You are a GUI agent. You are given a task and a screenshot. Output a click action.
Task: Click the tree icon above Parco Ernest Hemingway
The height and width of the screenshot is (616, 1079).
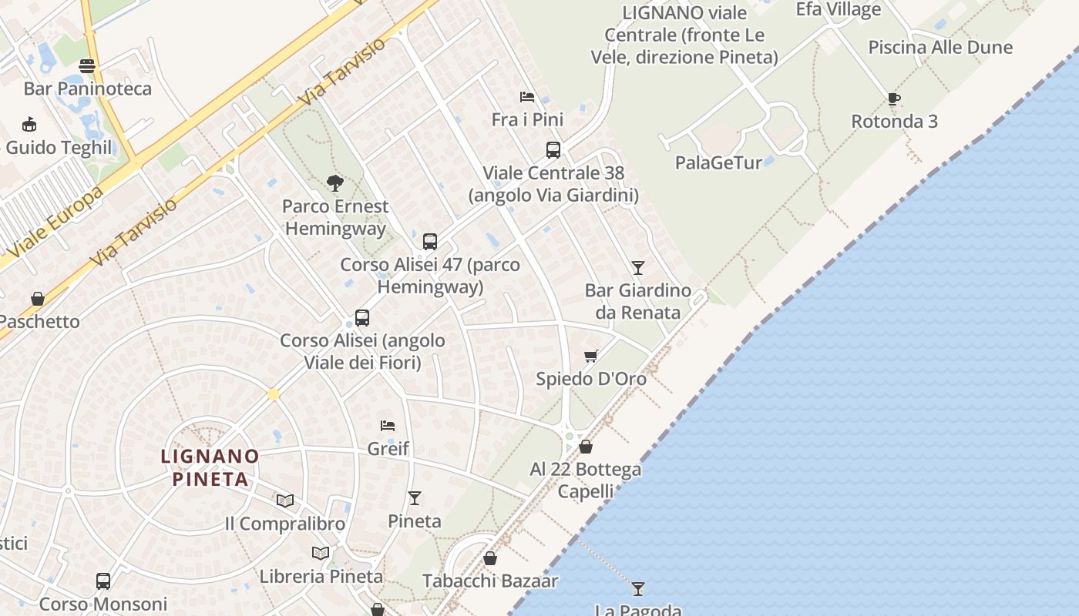tap(334, 183)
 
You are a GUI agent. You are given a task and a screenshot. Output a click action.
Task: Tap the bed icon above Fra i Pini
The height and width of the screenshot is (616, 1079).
tap(527, 96)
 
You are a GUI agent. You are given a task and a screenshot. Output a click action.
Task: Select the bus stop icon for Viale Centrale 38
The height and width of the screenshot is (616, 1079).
tap(553, 150)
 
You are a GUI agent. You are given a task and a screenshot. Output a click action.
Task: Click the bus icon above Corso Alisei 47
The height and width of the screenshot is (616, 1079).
tap(430, 242)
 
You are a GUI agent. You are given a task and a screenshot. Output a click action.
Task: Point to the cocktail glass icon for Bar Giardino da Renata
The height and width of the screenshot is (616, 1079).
tap(637, 268)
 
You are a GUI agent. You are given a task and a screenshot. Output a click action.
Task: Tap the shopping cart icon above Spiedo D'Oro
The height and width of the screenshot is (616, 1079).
tap(590, 356)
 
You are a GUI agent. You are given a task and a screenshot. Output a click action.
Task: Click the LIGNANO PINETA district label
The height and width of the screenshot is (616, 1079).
tap(210, 467)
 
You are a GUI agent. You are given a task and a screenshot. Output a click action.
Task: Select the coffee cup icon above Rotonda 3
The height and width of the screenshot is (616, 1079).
tap(893, 99)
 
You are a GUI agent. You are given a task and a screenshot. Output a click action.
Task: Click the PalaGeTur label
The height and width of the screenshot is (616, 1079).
tap(718, 162)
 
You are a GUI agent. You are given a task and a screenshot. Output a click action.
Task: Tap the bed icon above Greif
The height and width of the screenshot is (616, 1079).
tap(388, 426)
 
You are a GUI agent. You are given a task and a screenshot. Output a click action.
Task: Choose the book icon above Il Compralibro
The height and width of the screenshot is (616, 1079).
tap(285, 500)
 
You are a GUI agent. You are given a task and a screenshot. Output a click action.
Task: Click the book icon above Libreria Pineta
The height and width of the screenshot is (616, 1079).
tap(321, 553)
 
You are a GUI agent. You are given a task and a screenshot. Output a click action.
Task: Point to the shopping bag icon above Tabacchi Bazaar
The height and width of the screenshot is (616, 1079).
tap(489, 558)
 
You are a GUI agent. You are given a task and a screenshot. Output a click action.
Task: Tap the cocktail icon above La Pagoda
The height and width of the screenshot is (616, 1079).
tap(637, 589)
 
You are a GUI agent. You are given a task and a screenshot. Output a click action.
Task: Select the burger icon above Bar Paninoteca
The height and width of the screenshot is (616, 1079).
tap(87, 66)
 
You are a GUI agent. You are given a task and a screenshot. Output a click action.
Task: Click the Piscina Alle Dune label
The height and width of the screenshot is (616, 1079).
tap(940, 47)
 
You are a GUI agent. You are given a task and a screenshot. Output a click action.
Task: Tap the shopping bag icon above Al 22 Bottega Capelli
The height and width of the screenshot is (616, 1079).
tap(586, 447)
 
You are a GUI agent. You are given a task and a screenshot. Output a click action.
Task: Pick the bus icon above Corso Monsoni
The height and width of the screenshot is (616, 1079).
tap(103, 581)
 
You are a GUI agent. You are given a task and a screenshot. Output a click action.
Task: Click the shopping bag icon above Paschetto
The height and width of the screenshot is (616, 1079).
tap(37, 299)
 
